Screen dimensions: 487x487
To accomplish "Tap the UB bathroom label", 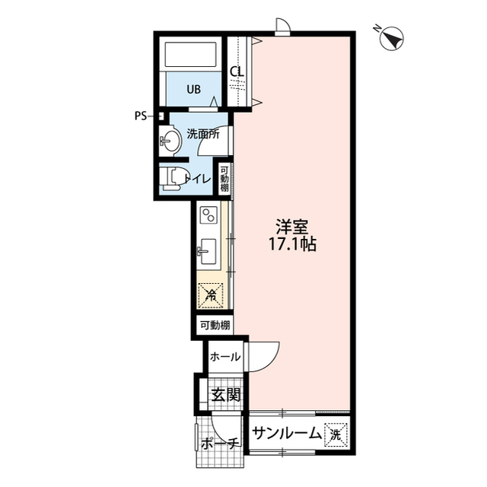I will coord(195,89).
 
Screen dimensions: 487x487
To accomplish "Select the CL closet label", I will coord(237,72).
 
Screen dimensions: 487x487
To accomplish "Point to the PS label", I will coord(141,116).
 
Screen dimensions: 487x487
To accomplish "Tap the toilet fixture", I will coord(172,178).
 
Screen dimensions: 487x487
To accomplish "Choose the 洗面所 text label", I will coord(203,133).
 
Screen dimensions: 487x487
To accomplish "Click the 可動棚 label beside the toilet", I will coord(225,178).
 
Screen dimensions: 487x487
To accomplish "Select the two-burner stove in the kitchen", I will coord(208,215).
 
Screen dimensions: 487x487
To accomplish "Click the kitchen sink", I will coord(208,249).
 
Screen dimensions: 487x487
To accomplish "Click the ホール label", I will coord(224,357).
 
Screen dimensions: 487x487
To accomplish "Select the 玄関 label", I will coord(225,396).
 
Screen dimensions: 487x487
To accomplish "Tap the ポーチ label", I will coord(221,444).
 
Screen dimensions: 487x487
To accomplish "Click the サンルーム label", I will coord(287,436).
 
